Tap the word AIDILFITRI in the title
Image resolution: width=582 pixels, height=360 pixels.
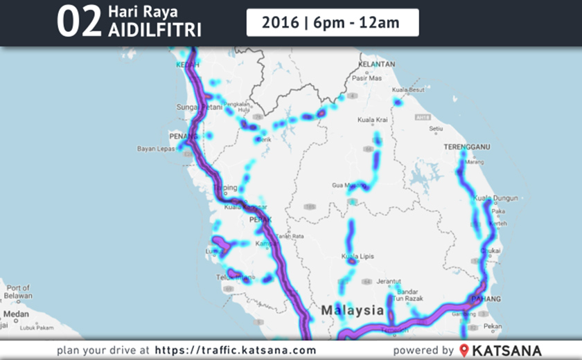click(151, 31)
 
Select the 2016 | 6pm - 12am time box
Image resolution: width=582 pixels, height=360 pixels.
click(332, 22)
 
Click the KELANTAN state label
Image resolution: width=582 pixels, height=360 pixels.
click(377, 64)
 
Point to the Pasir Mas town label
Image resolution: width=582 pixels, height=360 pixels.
click(367, 78)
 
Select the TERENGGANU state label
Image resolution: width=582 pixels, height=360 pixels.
click(466, 147)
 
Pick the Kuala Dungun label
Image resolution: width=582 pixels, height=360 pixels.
click(495, 198)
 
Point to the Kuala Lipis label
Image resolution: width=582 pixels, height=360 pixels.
click(358, 256)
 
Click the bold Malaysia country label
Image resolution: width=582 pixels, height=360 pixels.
click(352, 309)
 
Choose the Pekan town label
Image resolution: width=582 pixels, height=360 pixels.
click(494, 325)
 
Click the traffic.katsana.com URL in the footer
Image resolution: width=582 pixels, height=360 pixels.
click(236, 350)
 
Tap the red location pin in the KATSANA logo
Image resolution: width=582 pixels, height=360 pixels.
click(464, 350)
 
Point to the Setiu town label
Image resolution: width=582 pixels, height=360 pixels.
click(435, 128)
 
